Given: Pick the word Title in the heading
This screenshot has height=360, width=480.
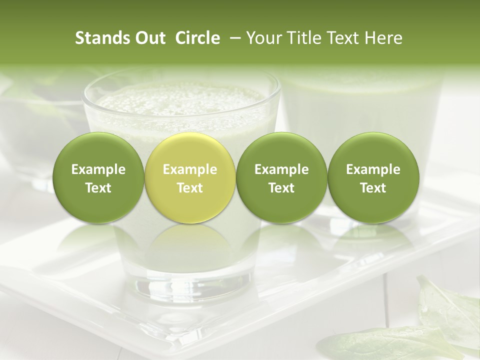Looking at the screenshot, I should pos(305,38).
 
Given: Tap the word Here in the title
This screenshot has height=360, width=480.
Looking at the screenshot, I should pos(382,38).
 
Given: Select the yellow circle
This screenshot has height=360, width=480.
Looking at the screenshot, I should pos(190,178).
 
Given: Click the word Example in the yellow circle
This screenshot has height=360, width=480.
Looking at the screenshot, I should pos(190,169).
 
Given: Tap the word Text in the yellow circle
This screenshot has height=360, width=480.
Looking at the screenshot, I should pos(190,188).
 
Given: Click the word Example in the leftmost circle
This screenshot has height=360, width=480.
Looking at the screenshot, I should pos(98,169).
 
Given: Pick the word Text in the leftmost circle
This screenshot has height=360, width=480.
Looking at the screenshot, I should pos(98,188).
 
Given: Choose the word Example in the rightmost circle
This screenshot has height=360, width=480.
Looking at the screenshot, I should pos(373,169).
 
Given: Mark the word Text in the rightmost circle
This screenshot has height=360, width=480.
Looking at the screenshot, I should pos(373,188).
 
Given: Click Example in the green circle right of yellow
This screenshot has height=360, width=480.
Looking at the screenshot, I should pos(281,169).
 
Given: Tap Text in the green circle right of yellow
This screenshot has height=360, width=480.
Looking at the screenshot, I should pos(281,188).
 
